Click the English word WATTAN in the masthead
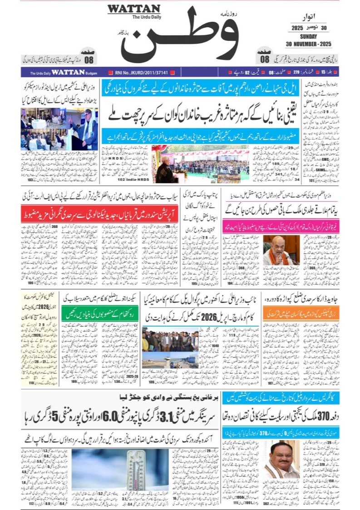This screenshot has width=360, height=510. point(133,9)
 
